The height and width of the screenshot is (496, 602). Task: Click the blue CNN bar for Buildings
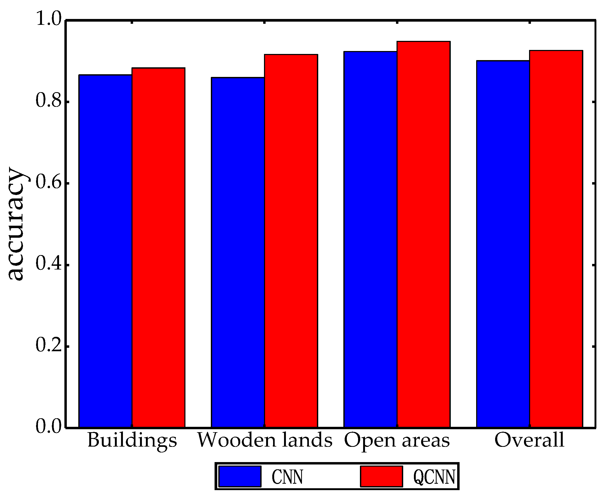[105, 251]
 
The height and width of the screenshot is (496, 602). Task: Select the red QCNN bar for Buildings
[158, 248]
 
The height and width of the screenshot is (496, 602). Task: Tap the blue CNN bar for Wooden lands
[238, 253]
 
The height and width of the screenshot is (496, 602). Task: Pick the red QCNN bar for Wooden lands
[291, 241]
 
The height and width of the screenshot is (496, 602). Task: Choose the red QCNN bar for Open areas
[424, 235]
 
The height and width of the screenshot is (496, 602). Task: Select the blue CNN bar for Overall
[503, 244]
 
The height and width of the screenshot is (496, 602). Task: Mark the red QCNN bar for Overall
[556, 239]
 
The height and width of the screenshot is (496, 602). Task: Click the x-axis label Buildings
[132, 440]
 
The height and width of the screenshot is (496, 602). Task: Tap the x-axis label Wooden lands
[265, 440]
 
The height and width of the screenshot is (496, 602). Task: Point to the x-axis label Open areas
[397, 440]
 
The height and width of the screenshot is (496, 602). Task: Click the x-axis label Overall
[529, 440]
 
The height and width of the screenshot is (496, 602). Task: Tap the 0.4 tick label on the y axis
[49, 264]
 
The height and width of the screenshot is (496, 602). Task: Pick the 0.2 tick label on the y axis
[49, 345]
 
